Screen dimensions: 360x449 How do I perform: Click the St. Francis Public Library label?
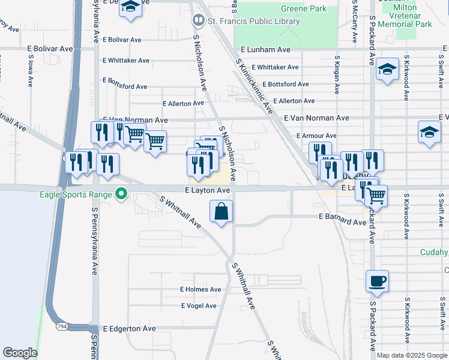pyautogui.click(x=253, y=22)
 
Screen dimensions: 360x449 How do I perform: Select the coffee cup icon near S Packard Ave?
pyautogui.click(x=377, y=281)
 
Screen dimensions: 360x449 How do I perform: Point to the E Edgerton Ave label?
pyautogui.click(x=129, y=329)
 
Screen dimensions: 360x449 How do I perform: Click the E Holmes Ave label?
pyautogui.click(x=200, y=289)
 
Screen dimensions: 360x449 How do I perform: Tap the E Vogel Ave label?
pyautogui.click(x=199, y=306)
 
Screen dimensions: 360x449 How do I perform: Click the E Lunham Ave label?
pyautogui.click(x=265, y=50)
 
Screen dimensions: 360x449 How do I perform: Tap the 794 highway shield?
pyautogui.click(x=62, y=326)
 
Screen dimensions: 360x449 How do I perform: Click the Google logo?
pyautogui.click(x=20, y=353)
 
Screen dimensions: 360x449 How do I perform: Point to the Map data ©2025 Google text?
pyautogui.click(x=412, y=355)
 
